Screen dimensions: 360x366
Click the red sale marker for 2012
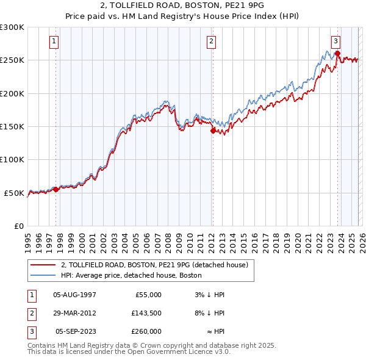pos(213,130)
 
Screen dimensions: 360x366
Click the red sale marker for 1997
pos(56,189)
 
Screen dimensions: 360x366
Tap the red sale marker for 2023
pos(337,53)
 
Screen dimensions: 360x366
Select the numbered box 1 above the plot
pos(54,41)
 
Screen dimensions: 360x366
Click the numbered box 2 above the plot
pos(211,41)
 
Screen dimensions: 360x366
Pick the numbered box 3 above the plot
pos(335,41)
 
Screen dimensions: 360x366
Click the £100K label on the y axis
pos(12,159)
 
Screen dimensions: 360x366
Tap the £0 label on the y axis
pos(18,226)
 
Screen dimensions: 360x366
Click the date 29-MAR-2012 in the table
pos(74,313)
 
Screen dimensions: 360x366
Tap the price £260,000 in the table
pos(146,331)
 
